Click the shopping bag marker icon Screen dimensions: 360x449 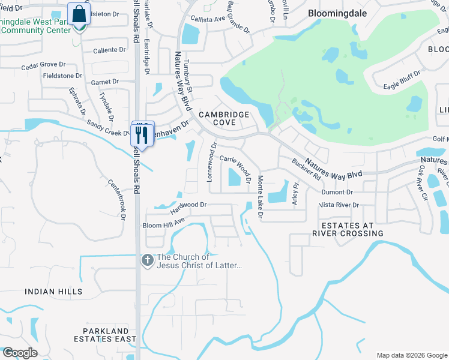point(79,14)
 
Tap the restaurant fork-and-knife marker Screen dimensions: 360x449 point(143,134)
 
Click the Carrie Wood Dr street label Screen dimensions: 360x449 point(235,164)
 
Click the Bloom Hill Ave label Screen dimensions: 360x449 point(163,226)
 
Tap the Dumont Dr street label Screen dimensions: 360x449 point(337,193)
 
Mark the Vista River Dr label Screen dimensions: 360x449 point(339,205)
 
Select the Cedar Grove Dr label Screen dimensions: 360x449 point(43,64)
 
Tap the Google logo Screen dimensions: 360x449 point(19,353)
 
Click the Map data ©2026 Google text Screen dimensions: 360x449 point(411,355)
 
